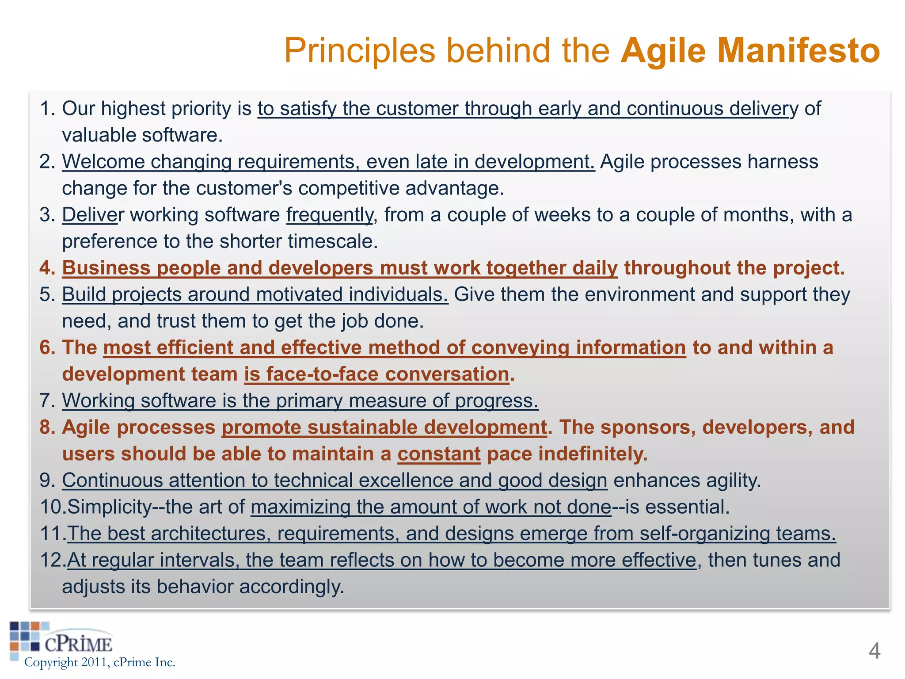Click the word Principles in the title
click(360, 51)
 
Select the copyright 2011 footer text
click(100, 662)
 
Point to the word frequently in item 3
click(330, 215)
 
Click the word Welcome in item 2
click(103, 162)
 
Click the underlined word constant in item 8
click(439, 454)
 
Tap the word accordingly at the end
click(292, 587)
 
